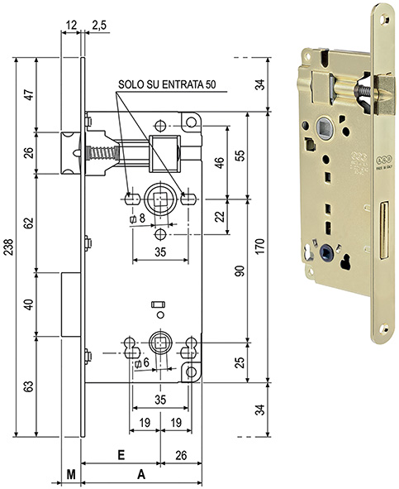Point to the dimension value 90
[x=241, y=271]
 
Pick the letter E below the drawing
[x=121, y=455]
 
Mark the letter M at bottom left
[x=71, y=476]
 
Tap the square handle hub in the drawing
[x=159, y=199]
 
